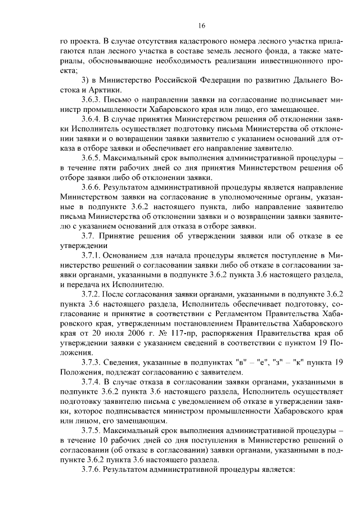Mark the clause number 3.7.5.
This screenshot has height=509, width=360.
(92, 431)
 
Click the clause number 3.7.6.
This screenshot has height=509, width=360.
(92, 470)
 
